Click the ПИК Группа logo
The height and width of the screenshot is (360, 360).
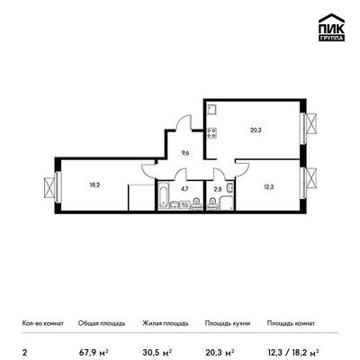coord(331,28)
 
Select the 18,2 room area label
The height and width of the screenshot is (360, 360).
coord(94,185)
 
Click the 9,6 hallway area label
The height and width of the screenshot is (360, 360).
coord(184,153)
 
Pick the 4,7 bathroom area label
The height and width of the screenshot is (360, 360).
coord(184,189)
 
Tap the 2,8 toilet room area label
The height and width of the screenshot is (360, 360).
coord(217,189)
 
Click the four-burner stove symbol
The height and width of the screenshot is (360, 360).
coord(211,133)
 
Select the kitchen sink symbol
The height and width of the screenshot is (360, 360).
coord(211,110)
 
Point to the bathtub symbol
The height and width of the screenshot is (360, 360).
coord(164,195)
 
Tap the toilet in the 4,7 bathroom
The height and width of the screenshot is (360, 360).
coord(196,204)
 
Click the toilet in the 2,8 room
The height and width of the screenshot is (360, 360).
coord(212,205)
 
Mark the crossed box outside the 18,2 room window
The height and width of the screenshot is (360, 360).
coord(49,188)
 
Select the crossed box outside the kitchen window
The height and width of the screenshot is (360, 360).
coord(311,124)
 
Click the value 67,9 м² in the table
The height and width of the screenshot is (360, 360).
coord(94,352)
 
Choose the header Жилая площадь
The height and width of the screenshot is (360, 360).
coord(166,323)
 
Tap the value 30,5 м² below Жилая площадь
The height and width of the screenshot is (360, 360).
coord(157,352)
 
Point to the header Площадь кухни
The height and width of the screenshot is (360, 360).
coord(228,323)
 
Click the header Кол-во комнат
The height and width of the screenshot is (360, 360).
coord(43,323)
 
